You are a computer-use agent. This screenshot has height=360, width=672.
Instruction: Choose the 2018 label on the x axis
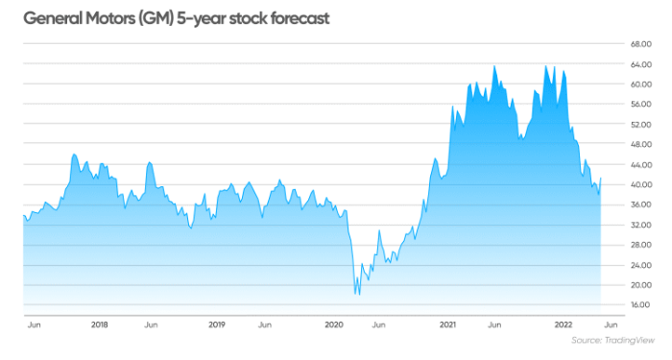click(x=99, y=324)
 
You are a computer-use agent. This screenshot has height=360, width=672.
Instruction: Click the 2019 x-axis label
click(x=216, y=324)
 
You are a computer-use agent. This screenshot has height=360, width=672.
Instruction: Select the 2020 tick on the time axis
click(x=334, y=324)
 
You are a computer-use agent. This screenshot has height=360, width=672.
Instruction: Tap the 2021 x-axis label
click(x=451, y=324)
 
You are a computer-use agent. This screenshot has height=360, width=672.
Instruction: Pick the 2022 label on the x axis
click(x=568, y=324)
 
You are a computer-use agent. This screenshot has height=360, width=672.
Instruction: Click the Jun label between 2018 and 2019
click(x=151, y=324)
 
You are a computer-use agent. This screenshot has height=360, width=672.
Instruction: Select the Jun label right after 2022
click(x=611, y=324)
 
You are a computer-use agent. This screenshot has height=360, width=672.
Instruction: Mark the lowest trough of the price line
click(x=358, y=294)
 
